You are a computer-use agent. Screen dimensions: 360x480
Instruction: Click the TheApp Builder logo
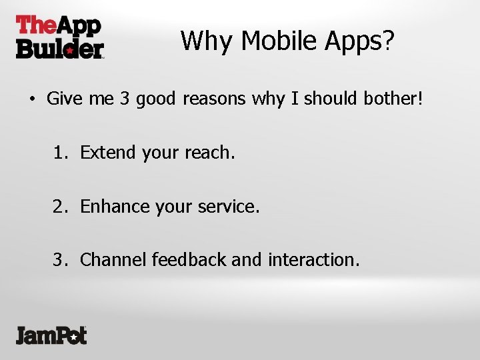tap(59, 37)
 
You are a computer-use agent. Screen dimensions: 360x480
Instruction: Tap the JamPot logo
tap(51, 334)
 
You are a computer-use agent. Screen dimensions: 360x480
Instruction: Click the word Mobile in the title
tap(279, 41)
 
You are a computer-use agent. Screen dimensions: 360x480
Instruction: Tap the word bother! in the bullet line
tap(393, 99)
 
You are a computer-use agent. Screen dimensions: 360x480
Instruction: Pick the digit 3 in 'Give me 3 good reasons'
tap(125, 99)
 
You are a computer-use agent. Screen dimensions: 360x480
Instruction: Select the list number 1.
tap(59, 153)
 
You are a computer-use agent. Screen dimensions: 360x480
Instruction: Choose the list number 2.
tap(59, 207)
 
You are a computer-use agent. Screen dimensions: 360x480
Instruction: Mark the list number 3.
tap(59, 260)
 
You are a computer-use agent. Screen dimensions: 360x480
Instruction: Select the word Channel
tap(113, 260)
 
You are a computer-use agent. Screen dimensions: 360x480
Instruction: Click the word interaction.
tap(313, 260)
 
